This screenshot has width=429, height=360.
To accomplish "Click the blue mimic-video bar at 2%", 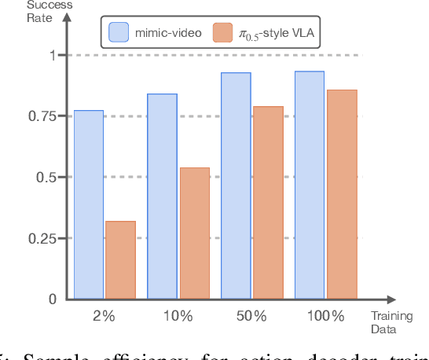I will coord(89,204).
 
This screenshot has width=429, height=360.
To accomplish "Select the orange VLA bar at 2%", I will coord(120,260).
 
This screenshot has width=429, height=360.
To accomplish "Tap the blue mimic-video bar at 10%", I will coord(162,197).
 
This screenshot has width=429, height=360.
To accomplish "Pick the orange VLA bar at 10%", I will coord(194,233).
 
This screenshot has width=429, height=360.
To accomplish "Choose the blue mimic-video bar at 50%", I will coord(236,186).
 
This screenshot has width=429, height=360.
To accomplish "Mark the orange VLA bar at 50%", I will coord(268,203).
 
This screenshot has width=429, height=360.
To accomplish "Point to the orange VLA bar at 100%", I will coord(342,194).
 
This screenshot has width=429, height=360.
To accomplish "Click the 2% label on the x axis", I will coord(104,316).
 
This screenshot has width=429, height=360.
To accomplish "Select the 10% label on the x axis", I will coord(178,316).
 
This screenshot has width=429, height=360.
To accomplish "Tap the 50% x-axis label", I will coord(251,316).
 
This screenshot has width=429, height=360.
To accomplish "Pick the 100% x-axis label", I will coord(326,316).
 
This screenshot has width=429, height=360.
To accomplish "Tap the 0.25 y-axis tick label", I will coord(44,238).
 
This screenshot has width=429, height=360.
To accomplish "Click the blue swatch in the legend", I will coord(118,32).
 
